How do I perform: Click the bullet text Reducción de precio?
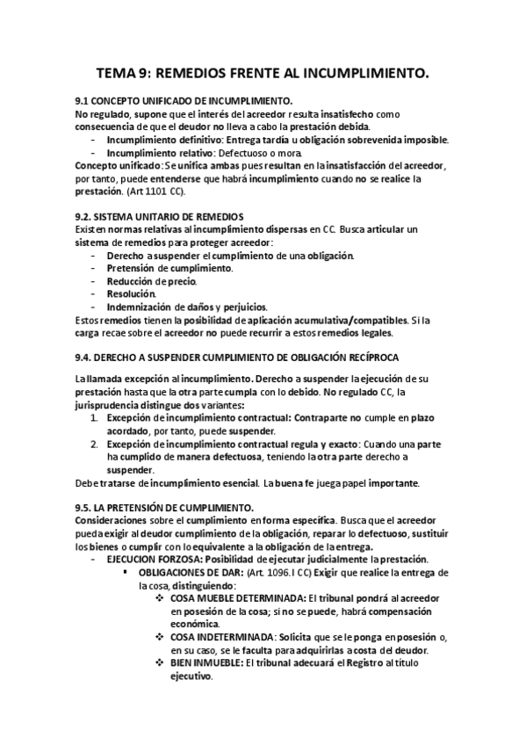pos(152,280)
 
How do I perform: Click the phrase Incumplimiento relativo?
pos(159,153)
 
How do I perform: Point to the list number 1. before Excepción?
pos(95,420)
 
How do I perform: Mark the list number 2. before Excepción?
pos(95,445)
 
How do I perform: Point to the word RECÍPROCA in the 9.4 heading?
pos(371,356)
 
